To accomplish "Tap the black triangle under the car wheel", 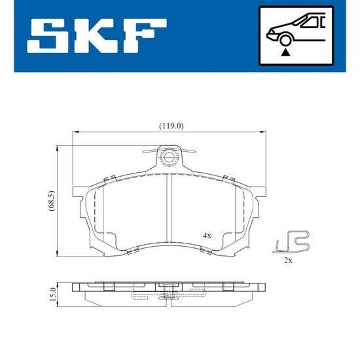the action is (285, 53).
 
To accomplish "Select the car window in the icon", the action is (310, 22).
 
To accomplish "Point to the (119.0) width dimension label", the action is (171, 126).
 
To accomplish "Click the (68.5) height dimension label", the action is (52, 201).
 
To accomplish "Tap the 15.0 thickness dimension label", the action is (53, 294).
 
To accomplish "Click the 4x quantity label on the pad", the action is (207, 236).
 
